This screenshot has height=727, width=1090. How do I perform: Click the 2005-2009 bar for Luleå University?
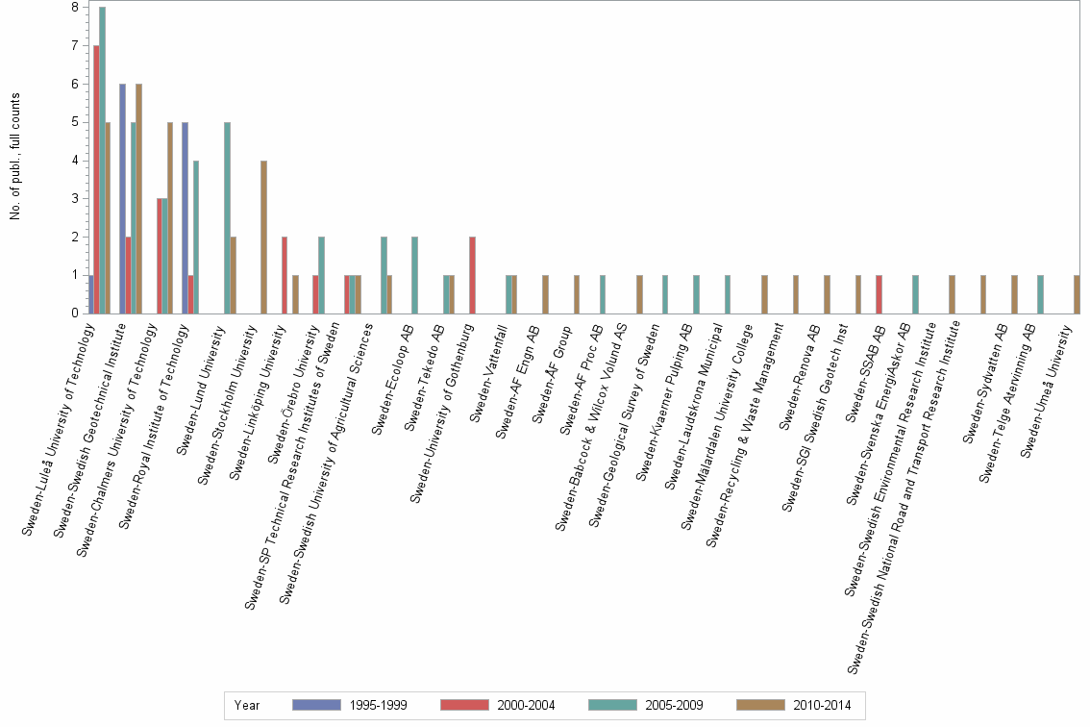[x=102, y=161]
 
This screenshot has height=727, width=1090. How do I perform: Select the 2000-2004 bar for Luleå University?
[x=96, y=180]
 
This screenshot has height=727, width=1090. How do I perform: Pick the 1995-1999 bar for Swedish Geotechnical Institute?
[x=122, y=198]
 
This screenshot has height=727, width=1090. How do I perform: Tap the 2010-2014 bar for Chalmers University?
[x=170, y=217]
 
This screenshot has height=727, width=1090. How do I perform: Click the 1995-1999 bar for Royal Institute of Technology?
[x=185, y=217]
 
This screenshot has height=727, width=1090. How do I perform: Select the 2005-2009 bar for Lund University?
[x=227, y=217]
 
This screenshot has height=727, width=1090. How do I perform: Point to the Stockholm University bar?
[x=263, y=237]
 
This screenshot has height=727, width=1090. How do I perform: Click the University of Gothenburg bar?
[x=472, y=275]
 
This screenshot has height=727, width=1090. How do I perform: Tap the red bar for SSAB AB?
[x=879, y=294]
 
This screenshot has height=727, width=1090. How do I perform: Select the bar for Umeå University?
[x=1076, y=294]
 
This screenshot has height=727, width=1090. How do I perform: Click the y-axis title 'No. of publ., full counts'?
[x=15, y=157]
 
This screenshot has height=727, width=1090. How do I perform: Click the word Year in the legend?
[x=246, y=705]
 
